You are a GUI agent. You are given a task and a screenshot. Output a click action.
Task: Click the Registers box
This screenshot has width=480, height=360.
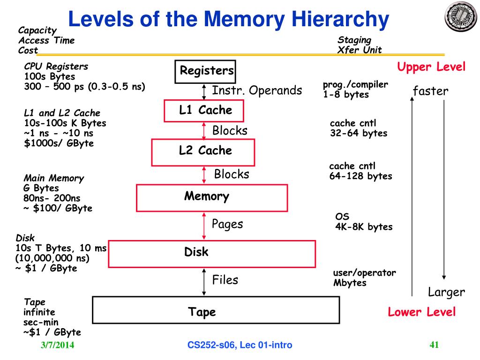pos(205,71)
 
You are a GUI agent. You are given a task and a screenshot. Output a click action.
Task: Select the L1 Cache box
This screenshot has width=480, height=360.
pos(204,111)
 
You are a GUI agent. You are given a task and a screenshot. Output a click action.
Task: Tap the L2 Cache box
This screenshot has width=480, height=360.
pos(203,151)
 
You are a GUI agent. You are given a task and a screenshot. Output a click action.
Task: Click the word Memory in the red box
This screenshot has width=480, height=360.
pos(206,196)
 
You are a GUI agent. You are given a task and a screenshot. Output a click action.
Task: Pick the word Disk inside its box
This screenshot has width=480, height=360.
pos(196,252)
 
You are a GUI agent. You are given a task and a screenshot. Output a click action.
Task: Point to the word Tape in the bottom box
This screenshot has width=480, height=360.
pos(202,312)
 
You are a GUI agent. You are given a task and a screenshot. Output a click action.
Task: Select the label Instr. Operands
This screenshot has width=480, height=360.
pos(257,90)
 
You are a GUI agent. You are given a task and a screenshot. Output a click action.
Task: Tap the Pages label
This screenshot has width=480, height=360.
pos(227,224)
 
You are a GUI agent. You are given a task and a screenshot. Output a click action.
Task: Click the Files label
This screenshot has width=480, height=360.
pos(225,280)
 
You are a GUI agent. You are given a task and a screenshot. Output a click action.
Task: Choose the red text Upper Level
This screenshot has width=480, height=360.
pos(431,67)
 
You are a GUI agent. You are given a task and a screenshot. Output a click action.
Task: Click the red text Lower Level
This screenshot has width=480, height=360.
pos(421,312)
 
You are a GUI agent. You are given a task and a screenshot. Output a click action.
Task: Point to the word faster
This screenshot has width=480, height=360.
pos(430,91)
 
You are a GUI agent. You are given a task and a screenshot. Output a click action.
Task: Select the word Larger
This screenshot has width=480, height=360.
pos(446,292)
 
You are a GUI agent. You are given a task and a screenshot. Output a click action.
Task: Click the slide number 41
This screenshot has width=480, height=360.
pos(434,345)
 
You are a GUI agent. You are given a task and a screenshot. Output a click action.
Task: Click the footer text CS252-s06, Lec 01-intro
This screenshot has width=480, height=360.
pos(240,345)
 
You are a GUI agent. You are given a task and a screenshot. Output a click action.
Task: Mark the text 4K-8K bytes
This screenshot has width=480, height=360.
pos(364,227)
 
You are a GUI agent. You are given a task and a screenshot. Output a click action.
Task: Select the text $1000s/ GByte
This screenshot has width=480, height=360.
pos(59,143)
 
